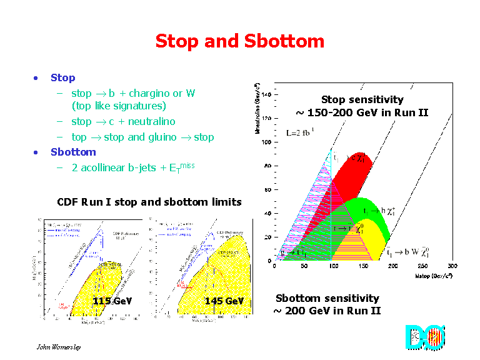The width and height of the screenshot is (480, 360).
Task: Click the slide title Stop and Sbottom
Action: point(239,42)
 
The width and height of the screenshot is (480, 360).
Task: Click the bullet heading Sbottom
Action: point(73,152)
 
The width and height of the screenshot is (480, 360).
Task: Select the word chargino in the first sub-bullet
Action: point(152,94)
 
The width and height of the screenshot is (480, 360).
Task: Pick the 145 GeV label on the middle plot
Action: point(224,301)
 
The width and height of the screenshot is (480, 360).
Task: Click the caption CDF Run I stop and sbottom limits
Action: point(149,202)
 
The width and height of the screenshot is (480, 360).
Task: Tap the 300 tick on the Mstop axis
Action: point(452,266)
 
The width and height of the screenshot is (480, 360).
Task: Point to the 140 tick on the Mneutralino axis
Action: point(266,95)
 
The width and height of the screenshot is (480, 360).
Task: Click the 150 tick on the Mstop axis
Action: point(363,266)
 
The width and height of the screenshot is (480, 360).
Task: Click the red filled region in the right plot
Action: point(353,181)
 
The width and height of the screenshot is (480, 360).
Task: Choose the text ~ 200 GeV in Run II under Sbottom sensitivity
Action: point(327,311)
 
